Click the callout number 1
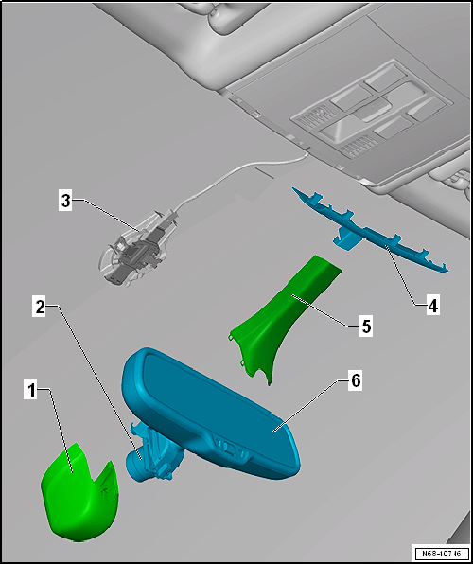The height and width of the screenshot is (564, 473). [x=32, y=391]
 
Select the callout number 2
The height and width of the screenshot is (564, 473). [x=40, y=308]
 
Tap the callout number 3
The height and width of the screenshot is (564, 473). [x=65, y=201]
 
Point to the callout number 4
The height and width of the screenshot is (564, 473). [x=433, y=306]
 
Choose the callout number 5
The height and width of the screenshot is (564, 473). [x=366, y=327]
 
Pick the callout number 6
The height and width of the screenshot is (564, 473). [x=355, y=381]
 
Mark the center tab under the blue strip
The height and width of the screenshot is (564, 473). [x=344, y=240]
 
